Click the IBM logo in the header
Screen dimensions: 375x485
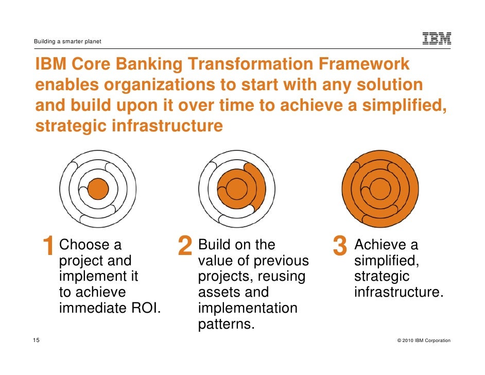[437, 39]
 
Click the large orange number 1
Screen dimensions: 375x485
[48, 246]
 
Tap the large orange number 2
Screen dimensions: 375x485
[184, 246]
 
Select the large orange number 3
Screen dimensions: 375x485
[340, 246]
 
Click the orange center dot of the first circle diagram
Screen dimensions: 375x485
[98, 189]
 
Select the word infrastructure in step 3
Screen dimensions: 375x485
[399, 293]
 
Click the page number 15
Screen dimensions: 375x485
[36, 340]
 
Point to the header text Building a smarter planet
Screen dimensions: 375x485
[67, 41]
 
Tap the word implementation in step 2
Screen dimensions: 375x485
[248, 309]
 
